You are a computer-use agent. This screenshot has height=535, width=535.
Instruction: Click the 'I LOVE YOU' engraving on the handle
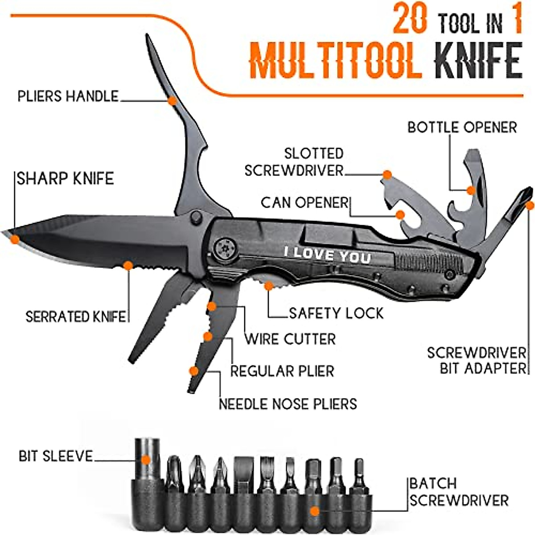point(328,255)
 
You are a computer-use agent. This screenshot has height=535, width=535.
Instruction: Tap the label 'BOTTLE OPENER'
point(462,127)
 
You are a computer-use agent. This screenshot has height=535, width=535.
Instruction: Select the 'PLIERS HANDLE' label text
point(68,96)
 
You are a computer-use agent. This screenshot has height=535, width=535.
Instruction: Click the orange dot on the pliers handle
point(172,101)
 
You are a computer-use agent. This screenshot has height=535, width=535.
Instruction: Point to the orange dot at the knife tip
point(15,239)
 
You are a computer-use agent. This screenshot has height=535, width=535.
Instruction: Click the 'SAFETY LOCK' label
point(336,313)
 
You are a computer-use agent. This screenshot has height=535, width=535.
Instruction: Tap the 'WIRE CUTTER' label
point(290,339)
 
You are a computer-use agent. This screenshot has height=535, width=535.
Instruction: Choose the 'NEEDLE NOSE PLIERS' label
point(288,404)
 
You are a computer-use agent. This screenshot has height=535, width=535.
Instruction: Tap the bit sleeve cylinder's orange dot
point(146,459)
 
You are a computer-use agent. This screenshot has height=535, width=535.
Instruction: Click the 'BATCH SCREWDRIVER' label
point(459,491)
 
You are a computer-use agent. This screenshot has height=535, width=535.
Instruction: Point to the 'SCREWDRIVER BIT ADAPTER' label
point(477,361)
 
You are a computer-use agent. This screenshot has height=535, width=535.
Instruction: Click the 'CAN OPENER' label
point(304,203)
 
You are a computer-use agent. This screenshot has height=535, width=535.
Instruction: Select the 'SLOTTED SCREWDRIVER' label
point(294,162)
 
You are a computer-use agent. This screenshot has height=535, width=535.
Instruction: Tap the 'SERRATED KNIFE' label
point(75,317)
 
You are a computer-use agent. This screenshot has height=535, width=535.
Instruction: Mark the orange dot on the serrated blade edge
point(128,266)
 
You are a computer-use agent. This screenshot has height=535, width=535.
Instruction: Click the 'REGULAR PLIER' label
point(282,371)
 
